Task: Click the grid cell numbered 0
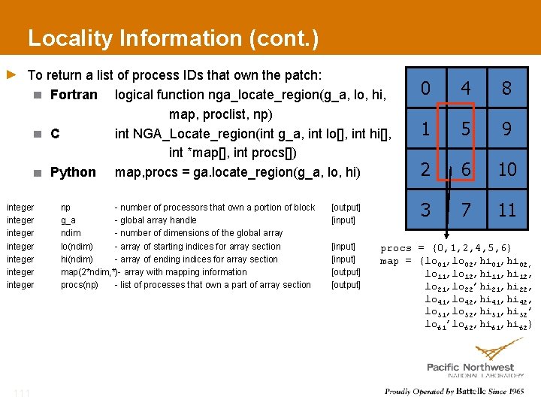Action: click(x=426, y=89)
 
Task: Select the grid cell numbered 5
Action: click(x=466, y=129)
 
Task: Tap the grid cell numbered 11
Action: click(x=507, y=210)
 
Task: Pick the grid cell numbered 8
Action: click(x=507, y=89)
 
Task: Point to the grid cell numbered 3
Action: click(x=426, y=210)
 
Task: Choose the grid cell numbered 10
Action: click(x=507, y=170)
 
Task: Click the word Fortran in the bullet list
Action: click(x=74, y=95)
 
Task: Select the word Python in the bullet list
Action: click(x=73, y=172)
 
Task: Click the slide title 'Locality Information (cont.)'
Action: click(x=173, y=38)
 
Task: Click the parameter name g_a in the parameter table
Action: click(x=68, y=220)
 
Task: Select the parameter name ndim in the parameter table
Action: click(x=71, y=233)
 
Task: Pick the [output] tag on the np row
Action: click(x=346, y=208)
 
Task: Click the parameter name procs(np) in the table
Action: click(x=79, y=285)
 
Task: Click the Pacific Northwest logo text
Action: click(x=470, y=367)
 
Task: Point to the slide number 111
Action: click(x=21, y=392)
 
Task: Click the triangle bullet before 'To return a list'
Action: click(x=11, y=74)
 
